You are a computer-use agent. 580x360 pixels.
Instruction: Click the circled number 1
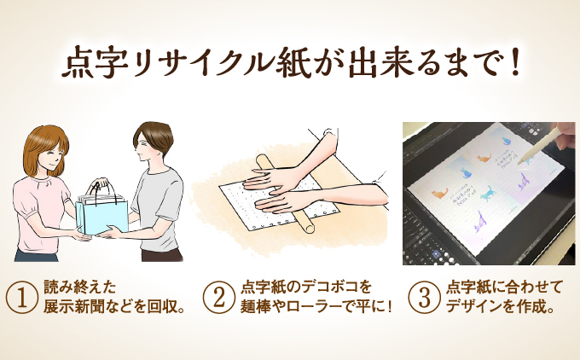22,297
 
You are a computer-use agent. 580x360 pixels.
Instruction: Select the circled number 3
422,297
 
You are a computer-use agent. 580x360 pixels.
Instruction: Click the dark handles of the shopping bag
102,187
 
